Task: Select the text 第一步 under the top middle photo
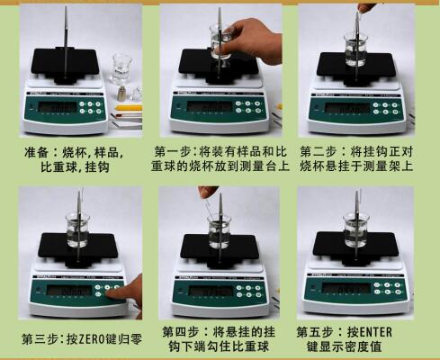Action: (175, 149)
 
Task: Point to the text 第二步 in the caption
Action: (319, 150)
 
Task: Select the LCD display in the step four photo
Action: (206, 292)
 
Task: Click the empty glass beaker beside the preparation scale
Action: (121, 68)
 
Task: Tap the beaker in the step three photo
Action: (77, 230)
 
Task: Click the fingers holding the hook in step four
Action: (209, 193)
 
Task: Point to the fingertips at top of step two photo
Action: (364, 7)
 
